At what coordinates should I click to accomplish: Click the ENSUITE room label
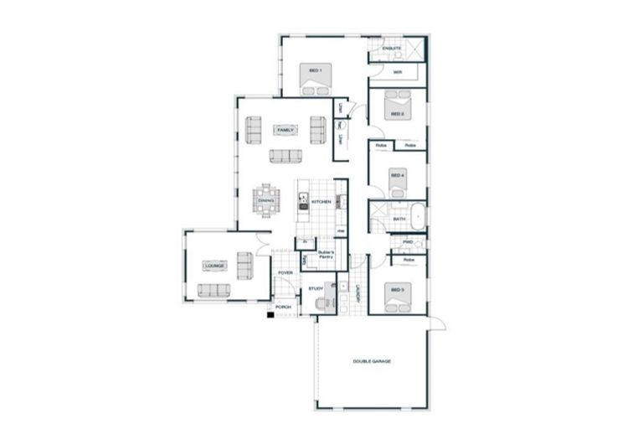pyautogui.click(x=392, y=49)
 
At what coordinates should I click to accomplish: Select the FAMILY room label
pyautogui.click(x=285, y=131)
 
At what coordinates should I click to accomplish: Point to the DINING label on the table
pyautogui.click(x=265, y=201)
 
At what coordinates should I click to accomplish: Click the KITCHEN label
pyautogui.click(x=321, y=203)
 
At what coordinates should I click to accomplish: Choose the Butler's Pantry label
pyautogui.click(x=326, y=255)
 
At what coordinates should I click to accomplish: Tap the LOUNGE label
pyautogui.click(x=213, y=266)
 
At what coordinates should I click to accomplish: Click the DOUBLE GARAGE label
pyautogui.click(x=372, y=361)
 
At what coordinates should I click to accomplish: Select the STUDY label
pyautogui.click(x=316, y=289)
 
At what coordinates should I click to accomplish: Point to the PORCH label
pyautogui.click(x=284, y=308)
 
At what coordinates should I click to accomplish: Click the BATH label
pyautogui.click(x=399, y=220)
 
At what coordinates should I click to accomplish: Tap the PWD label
pyautogui.click(x=408, y=242)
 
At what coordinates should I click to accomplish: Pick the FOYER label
pyautogui.click(x=285, y=273)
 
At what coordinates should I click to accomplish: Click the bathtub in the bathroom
pyautogui.click(x=416, y=214)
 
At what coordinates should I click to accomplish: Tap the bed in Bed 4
pyautogui.click(x=398, y=183)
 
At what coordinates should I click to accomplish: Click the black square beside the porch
pyautogui.click(x=270, y=314)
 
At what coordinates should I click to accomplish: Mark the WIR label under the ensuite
pyautogui.click(x=398, y=72)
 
